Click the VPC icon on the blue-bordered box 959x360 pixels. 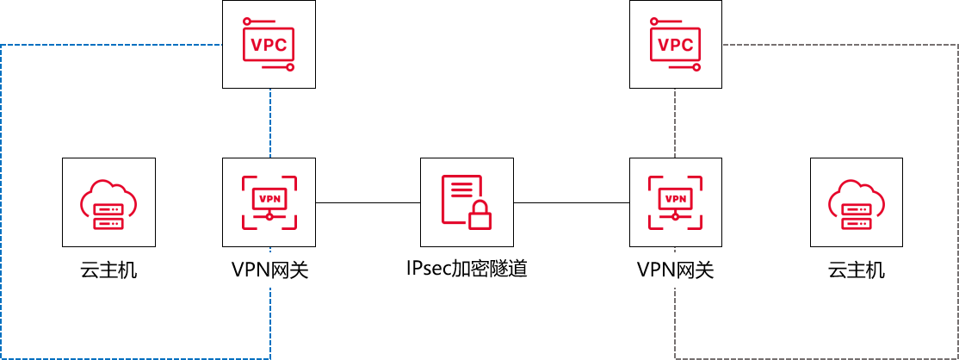coord(269,44)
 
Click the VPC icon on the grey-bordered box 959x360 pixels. coord(676,44)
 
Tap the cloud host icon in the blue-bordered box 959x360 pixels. coord(109,203)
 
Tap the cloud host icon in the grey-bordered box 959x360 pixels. coord(857,203)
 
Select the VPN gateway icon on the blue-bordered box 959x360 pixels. coord(269,203)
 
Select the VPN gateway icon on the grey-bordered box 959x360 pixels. coord(676,203)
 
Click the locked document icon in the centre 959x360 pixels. coord(467,203)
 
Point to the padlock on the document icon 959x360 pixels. coord(479,217)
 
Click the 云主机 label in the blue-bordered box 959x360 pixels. coord(109,270)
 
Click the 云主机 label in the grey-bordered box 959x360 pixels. coord(857,270)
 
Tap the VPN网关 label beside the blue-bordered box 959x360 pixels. coord(269,270)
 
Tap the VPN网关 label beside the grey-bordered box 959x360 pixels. coord(676,270)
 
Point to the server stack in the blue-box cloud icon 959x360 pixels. coord(108,216)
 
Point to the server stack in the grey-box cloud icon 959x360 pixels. coord(856,216)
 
